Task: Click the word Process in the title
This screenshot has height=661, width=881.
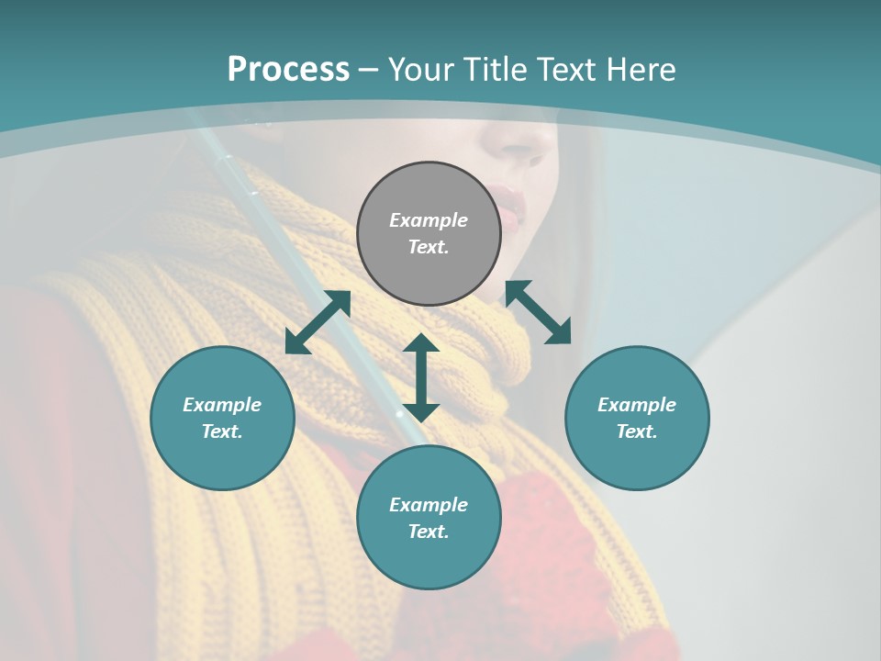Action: pos(288,70)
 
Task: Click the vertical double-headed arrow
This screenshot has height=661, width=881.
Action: pos(421,377)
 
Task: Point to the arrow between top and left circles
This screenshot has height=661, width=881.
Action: pos(318,322)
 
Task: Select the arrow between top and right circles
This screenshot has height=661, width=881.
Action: pos(538,312)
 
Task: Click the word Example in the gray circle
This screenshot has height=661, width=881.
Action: pos(429,220)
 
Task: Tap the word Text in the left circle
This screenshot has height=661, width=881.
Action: pos(221,431)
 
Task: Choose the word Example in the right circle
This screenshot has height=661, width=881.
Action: pos(637,405)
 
